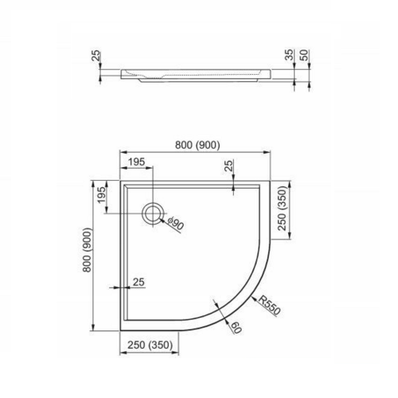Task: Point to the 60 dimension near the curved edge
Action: click(236, 327)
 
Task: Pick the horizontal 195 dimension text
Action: click(135, 162)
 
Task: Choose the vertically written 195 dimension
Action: click(101, 195)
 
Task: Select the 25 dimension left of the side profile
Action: click(96, 57)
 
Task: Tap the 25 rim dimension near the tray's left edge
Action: click(139, 281)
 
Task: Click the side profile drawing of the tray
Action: click(199, 76)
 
